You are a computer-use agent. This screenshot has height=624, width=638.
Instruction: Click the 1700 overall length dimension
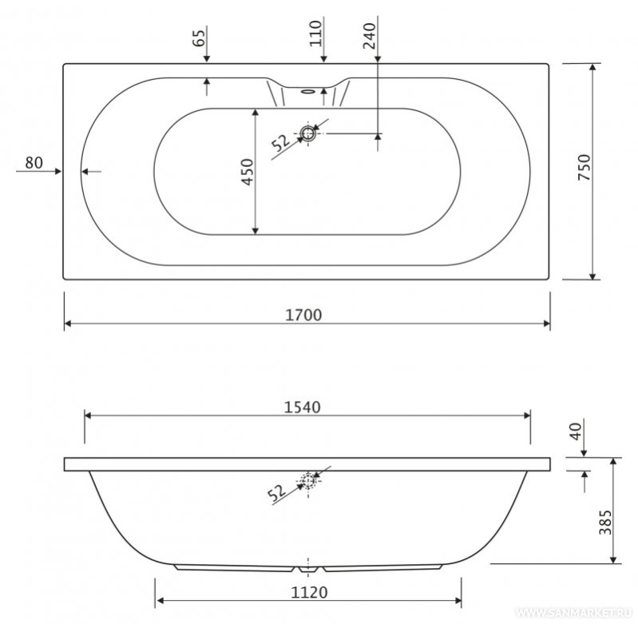303,315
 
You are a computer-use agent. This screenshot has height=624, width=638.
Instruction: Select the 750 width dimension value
584,167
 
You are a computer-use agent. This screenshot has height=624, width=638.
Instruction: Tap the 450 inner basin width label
248,172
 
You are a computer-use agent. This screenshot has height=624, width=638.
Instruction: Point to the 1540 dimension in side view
302,407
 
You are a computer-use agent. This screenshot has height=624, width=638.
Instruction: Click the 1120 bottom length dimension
309,592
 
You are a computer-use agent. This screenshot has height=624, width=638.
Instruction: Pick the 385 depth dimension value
605,523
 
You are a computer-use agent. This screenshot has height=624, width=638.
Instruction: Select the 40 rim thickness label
576,431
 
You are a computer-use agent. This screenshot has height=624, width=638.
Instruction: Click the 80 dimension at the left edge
34,163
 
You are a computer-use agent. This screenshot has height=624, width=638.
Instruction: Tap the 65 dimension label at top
199,38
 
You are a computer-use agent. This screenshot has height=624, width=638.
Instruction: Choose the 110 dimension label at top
315,33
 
